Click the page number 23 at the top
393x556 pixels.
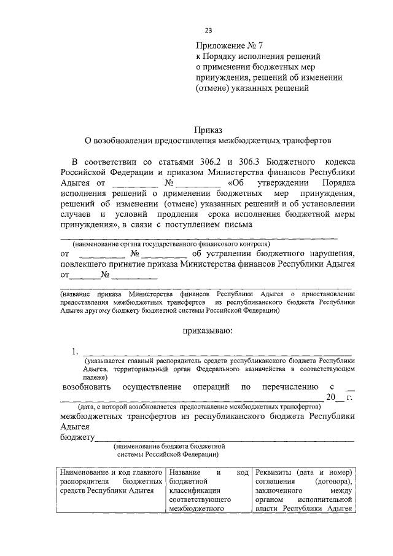pyautogui.click(x=208, y=30)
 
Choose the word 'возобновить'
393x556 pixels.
pyautogui.click(x=86, y=387)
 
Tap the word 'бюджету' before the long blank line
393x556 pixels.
pyautogui.click(x=77, y=437)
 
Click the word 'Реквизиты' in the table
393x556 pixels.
pyautogui.click(x=274, y=472)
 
